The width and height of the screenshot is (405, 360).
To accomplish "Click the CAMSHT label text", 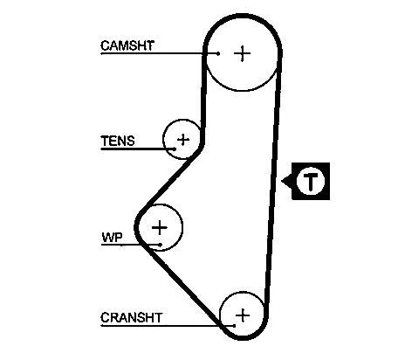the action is (127, 45).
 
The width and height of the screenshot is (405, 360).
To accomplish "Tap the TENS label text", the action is (118, 141).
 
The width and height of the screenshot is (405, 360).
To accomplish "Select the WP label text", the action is (112, 238).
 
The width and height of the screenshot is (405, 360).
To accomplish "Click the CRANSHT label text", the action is (131, 317).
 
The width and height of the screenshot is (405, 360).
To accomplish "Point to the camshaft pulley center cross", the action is (242, 53).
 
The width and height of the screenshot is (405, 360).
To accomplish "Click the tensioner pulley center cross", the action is (183, 140).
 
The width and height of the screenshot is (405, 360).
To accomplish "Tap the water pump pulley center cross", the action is (160, 227).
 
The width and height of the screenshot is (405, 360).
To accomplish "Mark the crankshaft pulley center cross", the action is (243, 315).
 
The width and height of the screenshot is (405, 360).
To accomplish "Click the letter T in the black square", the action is (311, 181).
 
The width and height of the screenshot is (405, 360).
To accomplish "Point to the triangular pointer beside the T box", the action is (287, 181).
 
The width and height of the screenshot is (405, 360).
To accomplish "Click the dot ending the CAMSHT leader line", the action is (218, 53).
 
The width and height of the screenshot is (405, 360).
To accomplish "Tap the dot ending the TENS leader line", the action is (175, 149).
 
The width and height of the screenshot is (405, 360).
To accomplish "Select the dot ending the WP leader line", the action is (161, 245).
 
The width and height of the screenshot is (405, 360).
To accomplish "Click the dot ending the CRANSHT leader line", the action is (234, 325).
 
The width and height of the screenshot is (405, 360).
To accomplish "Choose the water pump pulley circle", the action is (182, 227).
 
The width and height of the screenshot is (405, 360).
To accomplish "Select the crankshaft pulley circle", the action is (220, 315).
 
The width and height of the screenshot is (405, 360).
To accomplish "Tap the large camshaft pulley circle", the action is (242, 91).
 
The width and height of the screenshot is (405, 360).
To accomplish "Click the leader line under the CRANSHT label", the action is (168, 325).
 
